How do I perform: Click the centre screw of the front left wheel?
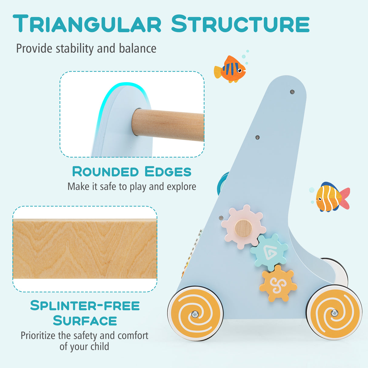click(195, 314)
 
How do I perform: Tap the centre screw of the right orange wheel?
click(334, 313)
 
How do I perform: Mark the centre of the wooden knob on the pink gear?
click(243, 228)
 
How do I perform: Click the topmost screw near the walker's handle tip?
click(292, 92)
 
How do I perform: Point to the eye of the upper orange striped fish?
click(239, 70)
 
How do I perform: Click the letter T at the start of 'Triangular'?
click(21, 24)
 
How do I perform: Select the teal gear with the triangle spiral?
click(269, 252)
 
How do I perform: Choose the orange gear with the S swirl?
click(278, 283)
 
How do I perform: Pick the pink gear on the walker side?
click(243, 227)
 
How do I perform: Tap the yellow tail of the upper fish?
click(218, 72)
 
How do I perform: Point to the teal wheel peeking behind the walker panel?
click(222, 184)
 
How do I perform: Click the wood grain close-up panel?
click(85, 249)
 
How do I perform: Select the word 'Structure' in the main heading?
click(240, 24)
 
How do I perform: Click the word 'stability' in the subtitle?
click(75, 49)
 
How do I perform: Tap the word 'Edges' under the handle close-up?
click(168, 171)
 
